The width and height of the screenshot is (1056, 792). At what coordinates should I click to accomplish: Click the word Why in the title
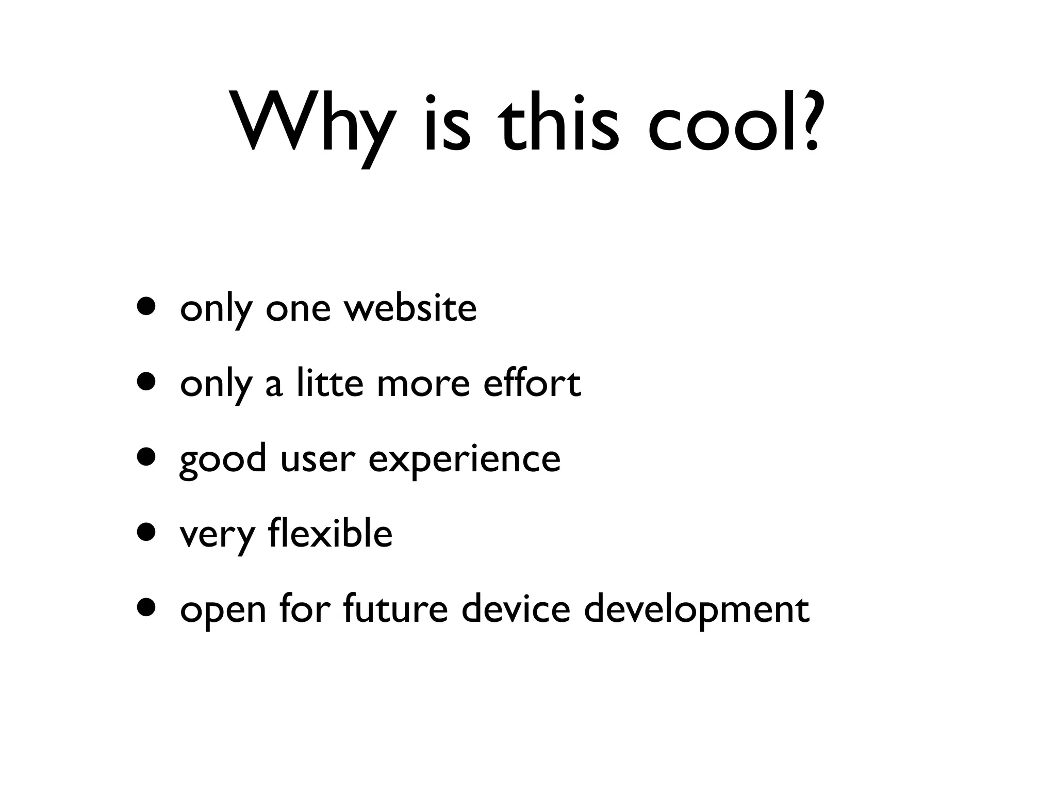tap(315, 124)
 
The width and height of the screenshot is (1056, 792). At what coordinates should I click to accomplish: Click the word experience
tap(464, 459)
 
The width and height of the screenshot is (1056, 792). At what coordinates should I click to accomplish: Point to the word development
tap(696, 609)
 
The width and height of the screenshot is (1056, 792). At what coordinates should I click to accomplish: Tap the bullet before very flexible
tap(146, 532)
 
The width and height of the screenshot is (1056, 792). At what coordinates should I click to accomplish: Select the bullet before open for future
tap(146, 607)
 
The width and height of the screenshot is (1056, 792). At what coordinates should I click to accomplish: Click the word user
tap(318, 459)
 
